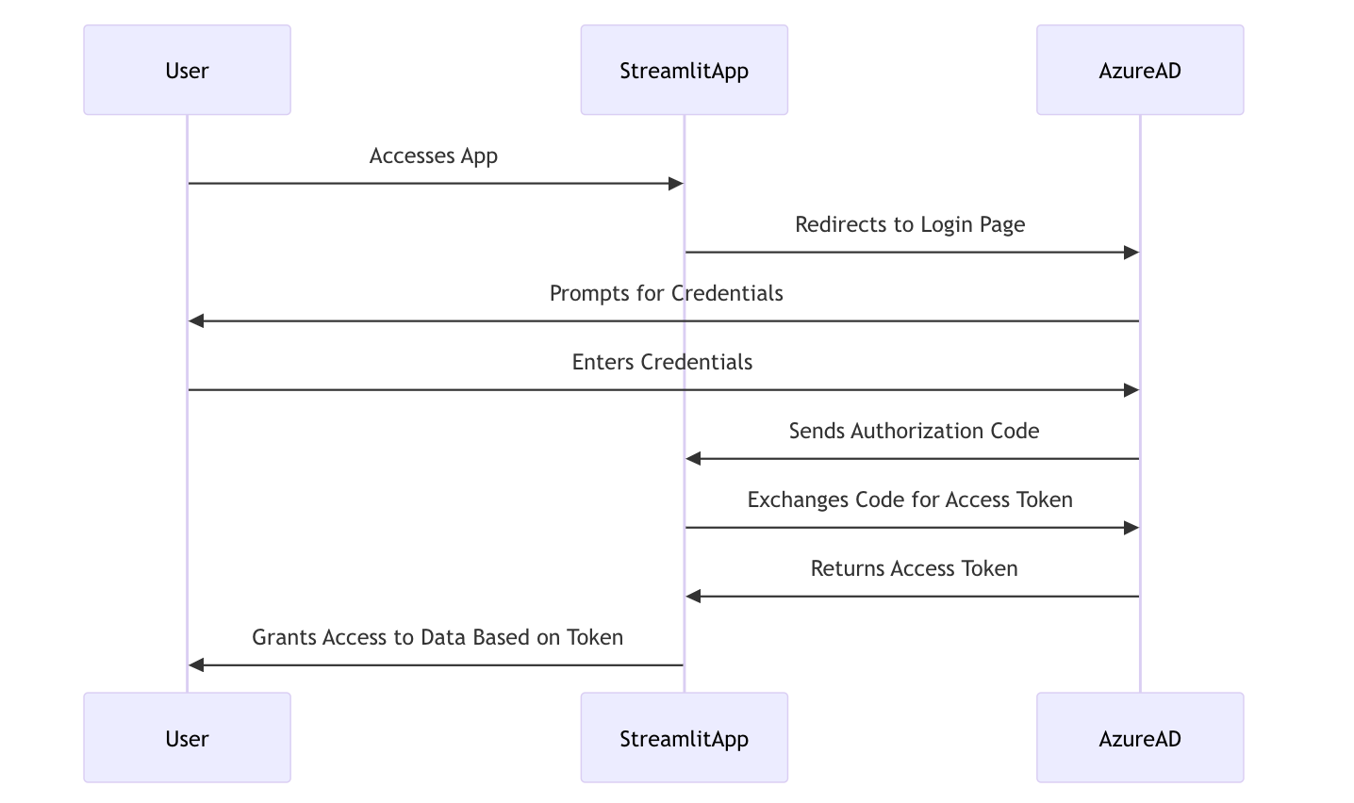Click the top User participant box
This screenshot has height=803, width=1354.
point(187,71)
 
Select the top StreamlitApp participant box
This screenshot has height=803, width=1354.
point(684,71)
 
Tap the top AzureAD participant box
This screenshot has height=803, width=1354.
point(1139,71)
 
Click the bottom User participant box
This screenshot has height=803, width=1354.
point(187,738)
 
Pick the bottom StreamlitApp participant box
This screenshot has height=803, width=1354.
point(684,738)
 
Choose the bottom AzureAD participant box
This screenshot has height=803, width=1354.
point(1139,738)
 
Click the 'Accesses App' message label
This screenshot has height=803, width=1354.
point(433,156)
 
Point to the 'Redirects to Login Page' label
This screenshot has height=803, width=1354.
point(910,224)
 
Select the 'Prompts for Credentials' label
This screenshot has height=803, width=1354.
point(666,293)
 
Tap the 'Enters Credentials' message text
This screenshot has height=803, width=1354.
point(662,362)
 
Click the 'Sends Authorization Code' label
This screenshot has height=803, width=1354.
point(914,431)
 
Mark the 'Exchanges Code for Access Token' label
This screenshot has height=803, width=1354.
point(910,500)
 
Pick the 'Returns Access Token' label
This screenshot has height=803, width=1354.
point(914,568)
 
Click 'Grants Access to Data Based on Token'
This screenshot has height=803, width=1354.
point(438,637)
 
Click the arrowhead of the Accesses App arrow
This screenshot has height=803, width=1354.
point(675,184)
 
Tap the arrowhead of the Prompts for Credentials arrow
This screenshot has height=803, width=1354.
point(196,321)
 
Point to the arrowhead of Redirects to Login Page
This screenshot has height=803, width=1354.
point(1131,253)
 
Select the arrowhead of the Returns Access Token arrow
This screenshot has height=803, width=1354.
point(693,597)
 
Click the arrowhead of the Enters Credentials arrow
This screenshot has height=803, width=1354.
point(1131,390)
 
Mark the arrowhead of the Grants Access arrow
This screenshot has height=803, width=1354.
point(196,665)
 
